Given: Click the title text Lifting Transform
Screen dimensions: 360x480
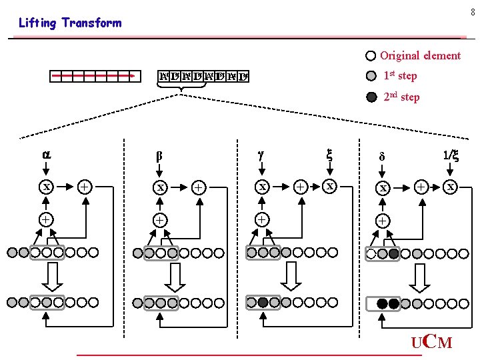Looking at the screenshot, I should [x=70, y=23].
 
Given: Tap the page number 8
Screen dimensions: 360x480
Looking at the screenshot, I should [x=473, y=12].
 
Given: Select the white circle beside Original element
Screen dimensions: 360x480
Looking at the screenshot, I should [x=371, y=56].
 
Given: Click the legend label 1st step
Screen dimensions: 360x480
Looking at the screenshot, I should [x=400, y=75].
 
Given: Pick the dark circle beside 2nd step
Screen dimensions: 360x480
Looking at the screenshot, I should [x=371, y=97].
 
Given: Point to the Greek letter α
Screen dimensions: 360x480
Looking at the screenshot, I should [x=46, y=154].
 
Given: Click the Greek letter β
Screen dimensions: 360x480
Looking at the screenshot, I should [x=159, y=156].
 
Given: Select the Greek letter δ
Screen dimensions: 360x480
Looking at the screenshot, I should [x=382, y=157].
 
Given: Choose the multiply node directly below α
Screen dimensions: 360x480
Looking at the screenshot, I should [x=47, y=187].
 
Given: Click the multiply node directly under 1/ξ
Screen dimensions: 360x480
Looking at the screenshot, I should [x=451, y=187].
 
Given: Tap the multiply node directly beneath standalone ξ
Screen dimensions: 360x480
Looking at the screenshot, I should [x=329, y=187].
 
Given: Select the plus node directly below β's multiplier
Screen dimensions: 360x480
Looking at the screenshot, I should [x=160, y=219].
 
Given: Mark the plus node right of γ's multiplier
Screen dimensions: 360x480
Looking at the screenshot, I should [x=301, y=187].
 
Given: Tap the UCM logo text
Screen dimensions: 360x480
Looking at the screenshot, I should [x=431, y=343].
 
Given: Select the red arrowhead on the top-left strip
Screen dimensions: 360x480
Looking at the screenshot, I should [x=135, y=76].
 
